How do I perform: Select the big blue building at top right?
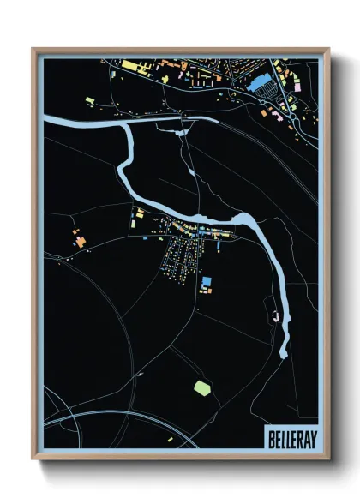click(x=258, y=82)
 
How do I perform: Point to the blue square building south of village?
click(x=206, y=281)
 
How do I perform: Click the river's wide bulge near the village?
click(x=243, y=225)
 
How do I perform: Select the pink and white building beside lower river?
click(x=274, y=316)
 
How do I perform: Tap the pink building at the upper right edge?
click(x=297, y=87)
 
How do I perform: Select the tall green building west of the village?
click(x=133, y=211)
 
